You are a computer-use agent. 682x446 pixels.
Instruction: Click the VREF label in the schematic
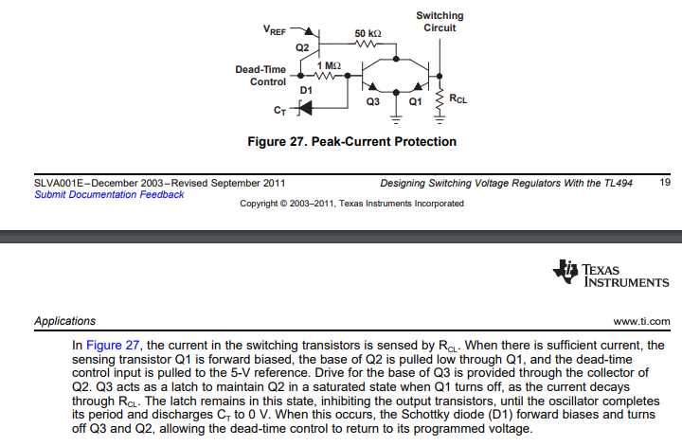click(x=274, y=30)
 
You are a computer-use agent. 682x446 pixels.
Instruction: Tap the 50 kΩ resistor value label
click(x=368, y=33)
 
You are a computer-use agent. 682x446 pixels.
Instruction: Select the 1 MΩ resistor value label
click(x=327, y=64)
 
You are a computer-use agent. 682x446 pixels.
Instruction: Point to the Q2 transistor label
click(x=302, y=46)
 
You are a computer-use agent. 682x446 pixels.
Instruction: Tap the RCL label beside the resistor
click(x=457, y=98)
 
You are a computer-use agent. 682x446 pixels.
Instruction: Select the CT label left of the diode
click(x=278, y=111)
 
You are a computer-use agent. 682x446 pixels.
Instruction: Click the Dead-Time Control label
click(x=260, y=76)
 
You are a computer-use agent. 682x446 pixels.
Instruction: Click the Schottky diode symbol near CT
click(x=305, y=109)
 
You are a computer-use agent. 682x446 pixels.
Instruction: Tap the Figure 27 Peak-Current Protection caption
click(x=351, y=142)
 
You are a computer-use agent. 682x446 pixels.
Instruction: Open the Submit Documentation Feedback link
click(x=110, y=194)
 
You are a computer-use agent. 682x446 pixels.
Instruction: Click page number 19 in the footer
click(x=664, y=182)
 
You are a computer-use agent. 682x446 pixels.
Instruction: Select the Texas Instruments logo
click(x=610, y=274)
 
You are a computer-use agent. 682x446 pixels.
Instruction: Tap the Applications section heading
click(x=64, y=322)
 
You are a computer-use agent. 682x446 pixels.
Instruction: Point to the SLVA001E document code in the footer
click(x=60, y=182)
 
